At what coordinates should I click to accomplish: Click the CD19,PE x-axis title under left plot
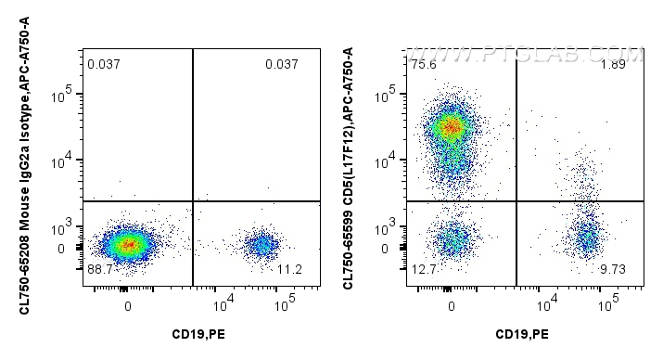point(200,334)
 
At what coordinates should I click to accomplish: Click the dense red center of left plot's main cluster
point(128,245)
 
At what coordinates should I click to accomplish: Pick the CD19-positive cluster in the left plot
point(262,245)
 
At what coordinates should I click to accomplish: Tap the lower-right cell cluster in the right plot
point(587,240)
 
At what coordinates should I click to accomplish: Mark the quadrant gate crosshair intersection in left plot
point(192,200)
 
